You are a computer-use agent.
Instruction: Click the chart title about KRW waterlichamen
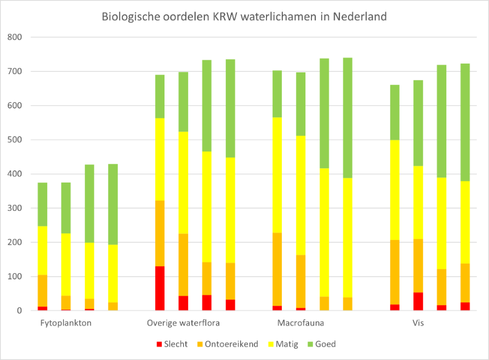tap(244, 16)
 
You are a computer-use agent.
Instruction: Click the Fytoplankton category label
tap(66, 323)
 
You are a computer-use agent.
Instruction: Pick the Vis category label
tap(418, 323)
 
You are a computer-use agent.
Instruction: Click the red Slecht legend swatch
tap(160, 344)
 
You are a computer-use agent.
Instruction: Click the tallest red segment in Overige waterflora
tap(160, 288)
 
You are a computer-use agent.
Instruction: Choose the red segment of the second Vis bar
tap(418, 301)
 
